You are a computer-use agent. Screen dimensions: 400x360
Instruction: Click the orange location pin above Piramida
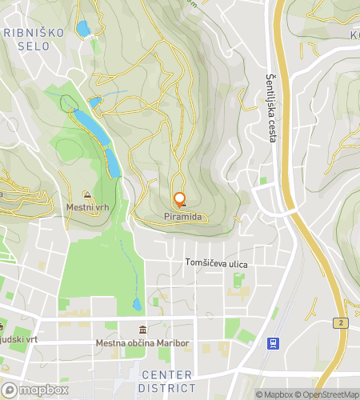[x=180, y=199]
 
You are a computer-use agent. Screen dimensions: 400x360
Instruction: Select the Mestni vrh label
[x=87, y=207]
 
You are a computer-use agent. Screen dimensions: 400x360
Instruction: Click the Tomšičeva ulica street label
[x=217, y=264]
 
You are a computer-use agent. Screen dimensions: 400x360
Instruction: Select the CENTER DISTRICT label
[x=166, y=381]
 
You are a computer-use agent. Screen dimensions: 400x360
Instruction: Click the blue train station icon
[x=274, y=343]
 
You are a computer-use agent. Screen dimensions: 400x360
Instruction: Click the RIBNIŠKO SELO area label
[x=37, y=39]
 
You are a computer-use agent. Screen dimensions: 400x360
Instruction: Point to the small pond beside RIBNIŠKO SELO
[x=82, y=30]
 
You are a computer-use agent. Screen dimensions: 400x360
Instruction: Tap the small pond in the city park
[x=137, y=305]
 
